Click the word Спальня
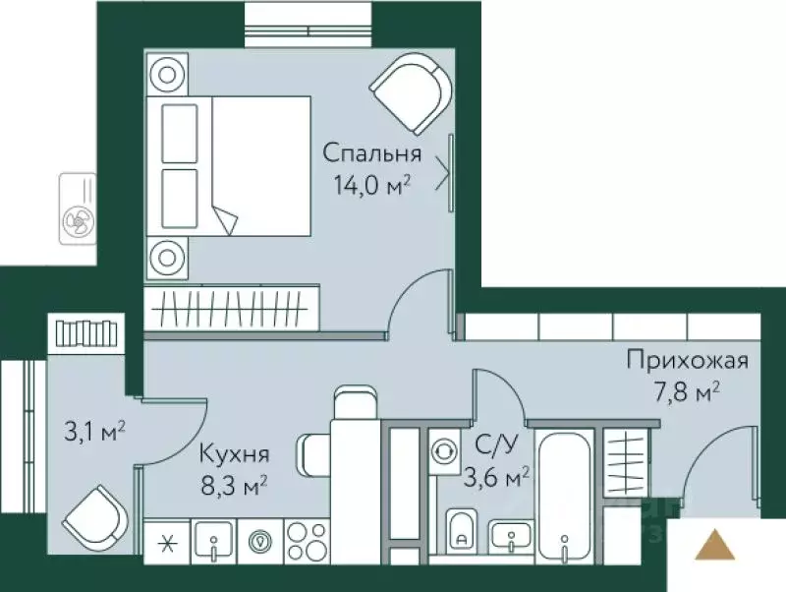tap(372, 153)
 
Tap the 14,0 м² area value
tap(372, 185)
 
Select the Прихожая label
tap(688, 360)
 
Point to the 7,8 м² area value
tap(688, 392)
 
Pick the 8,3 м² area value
tap(234, 484)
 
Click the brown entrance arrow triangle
tap(714, 545)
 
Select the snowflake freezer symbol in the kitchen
tap(164, 541)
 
